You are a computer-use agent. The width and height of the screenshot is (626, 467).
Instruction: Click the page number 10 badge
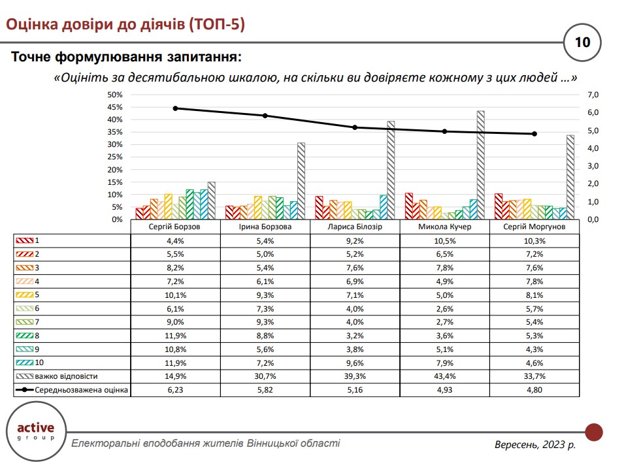click(582, 43)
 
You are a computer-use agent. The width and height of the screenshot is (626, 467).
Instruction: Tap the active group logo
click(36, 432)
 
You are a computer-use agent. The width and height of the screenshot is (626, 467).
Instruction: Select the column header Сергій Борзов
click(175, 227)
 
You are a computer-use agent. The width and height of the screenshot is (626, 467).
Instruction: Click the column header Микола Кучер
click(445, 227)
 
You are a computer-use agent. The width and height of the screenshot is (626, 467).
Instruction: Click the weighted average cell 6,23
click(175, 390)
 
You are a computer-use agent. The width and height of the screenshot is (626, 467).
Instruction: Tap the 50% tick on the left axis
click(115, 95)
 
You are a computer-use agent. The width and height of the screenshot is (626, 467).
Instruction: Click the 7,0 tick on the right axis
click(593, 95)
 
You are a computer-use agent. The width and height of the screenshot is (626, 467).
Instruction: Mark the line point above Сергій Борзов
click(175, 108)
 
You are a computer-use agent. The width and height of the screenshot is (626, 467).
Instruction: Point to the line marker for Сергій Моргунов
click(535, 134)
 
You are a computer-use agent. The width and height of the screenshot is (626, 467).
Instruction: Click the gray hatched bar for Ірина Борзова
click(301, 181)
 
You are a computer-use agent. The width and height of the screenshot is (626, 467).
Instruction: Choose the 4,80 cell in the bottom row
click(535, 390)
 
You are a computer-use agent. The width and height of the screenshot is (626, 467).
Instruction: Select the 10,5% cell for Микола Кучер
click(445, 240)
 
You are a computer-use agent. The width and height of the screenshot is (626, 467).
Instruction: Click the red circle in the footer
click(593, 432)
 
